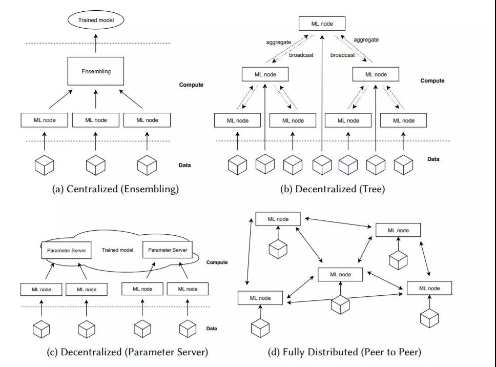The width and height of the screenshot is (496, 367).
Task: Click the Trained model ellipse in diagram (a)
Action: pyautogui.click(x=96, y=20)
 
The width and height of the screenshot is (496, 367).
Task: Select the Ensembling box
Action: pyautogui.click(x=95, y=71)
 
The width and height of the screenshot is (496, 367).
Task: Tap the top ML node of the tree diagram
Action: pyautogui.click(x=322, y=24)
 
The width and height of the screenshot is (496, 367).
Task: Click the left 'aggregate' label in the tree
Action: pyautogui.click(x=278, y=43)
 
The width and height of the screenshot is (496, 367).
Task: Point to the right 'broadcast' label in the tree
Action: pyautogui.click(x=343, y=55)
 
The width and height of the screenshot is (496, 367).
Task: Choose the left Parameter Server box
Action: pyautogui.click(x=67, y=250)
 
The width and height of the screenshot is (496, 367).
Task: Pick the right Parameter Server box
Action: pyautogui.click(x=168, y=250)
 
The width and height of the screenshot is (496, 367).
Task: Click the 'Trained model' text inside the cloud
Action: pyautogui.click(x=117, y=250)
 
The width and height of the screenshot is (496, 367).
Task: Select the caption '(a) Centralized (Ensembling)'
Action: pyautogui.click(x=115, y=189)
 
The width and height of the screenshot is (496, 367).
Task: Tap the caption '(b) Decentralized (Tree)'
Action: pyautogui.click(x=333, y=189)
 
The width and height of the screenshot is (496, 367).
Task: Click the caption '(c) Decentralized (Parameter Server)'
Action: pyautogui.click(x=128, y=352)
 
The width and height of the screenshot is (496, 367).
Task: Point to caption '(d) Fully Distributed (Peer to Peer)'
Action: pyautogui.click(x=344, y=352)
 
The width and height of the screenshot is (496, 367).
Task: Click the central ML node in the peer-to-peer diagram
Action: pyautogui.click(x=340, y=275)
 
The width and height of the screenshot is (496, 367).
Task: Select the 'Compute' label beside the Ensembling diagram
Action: pyautogui.click(x=191, y=85)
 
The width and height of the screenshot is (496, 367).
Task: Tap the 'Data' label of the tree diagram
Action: pyautogui.click(x=433, y=159)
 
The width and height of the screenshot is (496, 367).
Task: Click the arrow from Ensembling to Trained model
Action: pyautogui.click(x=95, y=44)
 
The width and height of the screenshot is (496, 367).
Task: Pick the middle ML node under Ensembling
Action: pyautogui.click(x=96, y=120)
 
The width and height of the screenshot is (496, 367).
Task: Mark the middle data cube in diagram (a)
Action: pyautogui.click(x=96, y=165)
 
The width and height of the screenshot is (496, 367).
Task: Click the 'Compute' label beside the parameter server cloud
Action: pyautogui.click(x=217, y=262)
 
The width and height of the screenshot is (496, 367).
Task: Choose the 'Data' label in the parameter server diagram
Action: pyautogui.click(x=212, y=329)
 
